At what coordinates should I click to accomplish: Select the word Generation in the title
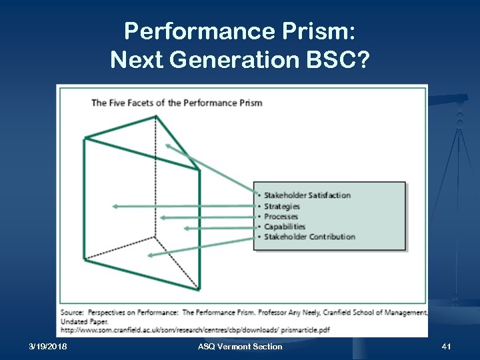click(223, 61)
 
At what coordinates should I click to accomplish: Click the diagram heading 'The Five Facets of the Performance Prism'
click(177, 103)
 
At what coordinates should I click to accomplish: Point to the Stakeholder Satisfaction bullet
click(307, 195)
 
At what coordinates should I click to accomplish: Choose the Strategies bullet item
click(282, 206)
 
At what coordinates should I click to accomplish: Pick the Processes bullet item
click(281, 217)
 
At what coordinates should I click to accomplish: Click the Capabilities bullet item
click(284, 227)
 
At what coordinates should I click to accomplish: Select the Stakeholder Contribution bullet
click(309, 237)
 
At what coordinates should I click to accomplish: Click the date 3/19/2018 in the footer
click(48, 347)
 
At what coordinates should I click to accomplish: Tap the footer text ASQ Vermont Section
click(240, 347)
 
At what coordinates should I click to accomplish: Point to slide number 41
click(447, 347)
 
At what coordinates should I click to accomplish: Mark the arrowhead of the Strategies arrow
click(115, 207)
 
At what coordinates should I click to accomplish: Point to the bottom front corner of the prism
click(199, 289)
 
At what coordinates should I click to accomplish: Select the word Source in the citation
click(73, 312)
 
